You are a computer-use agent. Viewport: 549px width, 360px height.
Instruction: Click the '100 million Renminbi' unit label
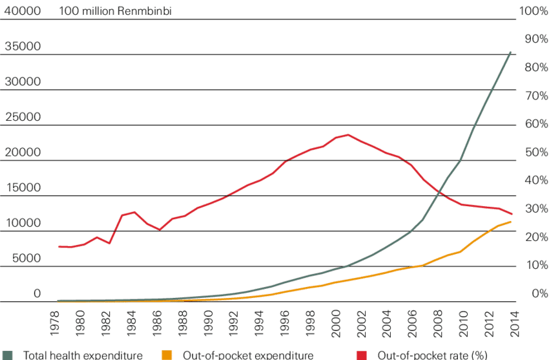tap(115, 12)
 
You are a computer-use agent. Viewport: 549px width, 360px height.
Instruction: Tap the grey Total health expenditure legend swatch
tap(8, 355)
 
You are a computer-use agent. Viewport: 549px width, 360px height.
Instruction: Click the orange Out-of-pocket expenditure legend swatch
tap(167, 355)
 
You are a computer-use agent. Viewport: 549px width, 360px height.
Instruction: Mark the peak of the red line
tap(348, 134)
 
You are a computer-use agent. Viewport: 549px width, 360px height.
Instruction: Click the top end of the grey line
tap(512, 52)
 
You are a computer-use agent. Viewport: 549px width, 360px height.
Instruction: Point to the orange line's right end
tap(512, 222)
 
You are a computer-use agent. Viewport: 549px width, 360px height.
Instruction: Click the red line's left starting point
tap(58, 246)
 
